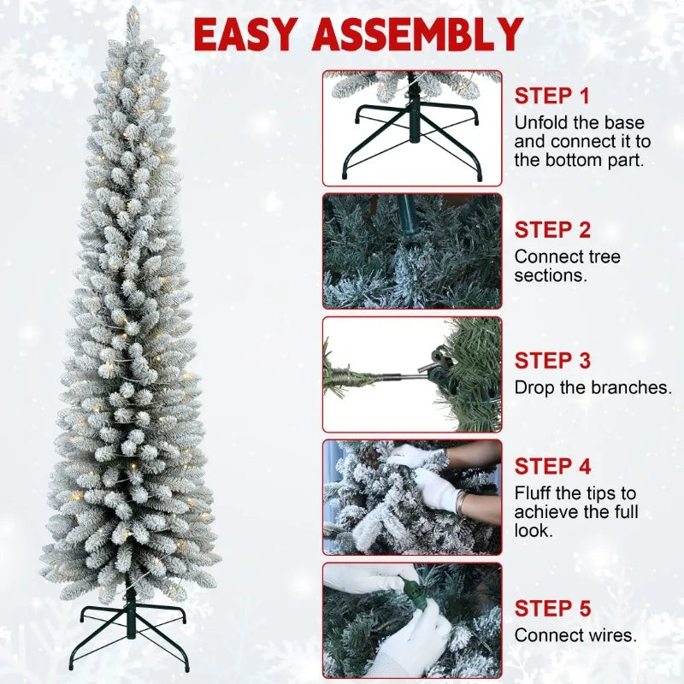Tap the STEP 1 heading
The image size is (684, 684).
[552, 96]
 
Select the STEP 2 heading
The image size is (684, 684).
[552, 229]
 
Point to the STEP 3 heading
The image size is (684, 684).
[552, 361]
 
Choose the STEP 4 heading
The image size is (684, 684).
[552, 467]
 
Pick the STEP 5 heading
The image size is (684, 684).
[552, 609]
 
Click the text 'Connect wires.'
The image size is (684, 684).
[575, 635]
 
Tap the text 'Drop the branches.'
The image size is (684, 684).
[593, 387]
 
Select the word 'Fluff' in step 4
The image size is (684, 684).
[532, 493]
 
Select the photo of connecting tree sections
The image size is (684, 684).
[412, 251]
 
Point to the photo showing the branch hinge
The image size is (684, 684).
[412, 374]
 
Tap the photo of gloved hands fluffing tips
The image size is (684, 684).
[412, 497]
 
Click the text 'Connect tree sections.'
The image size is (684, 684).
[568, 266]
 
